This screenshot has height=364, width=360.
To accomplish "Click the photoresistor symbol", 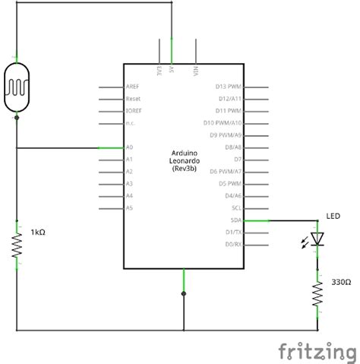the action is pyautogui.click(x=17, y=87).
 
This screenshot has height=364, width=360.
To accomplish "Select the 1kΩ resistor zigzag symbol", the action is pyautogui.click(x=17, y=245).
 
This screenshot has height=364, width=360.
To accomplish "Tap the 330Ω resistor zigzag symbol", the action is pyautogui.click(x=317, y=294).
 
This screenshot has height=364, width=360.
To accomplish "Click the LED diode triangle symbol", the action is pyautogui.click(x=317, y=239).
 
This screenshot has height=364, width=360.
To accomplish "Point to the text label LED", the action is pyautogui.click(x=333, y=216).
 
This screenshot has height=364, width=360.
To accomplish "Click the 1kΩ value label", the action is pyautogui.click(x=38, y=232).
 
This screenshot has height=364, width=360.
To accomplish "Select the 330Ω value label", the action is pyautogui.click(x=341, y=282).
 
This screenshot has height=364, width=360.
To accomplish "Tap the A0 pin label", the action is pyautogui.click(x=129, y=147).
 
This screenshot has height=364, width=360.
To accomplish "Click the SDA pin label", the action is pyautogui.click(x=236, y=220).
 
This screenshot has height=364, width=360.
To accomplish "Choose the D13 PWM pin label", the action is pyautogui.click(x=229, y=87).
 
